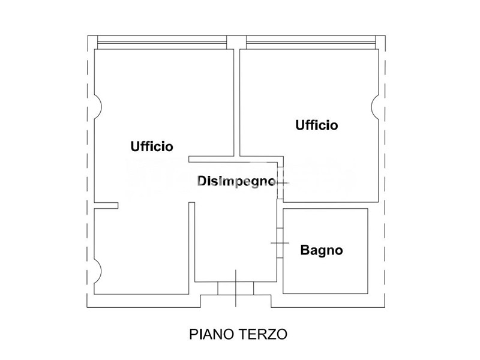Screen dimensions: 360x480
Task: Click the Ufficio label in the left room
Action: (152, 146)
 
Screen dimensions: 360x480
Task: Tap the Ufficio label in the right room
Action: (316, 125)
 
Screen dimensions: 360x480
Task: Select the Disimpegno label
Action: (236, 181)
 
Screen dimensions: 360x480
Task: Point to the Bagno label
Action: (322, 250)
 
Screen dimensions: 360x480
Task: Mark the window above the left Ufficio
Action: (162, 42)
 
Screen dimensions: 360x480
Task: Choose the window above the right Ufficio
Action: (311, 42)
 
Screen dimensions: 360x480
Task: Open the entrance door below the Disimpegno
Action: (236, 288)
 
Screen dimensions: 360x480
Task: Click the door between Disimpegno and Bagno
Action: (279, 242)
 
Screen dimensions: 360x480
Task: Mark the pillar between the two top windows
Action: (236, 42)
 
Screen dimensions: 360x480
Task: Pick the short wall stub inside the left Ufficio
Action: (106, 206)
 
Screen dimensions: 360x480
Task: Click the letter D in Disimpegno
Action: (202, 181)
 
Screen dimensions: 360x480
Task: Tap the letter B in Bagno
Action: (304, 250)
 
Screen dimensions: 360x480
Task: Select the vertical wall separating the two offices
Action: (236, 102)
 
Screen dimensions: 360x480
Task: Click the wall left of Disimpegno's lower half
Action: (192, 246)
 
